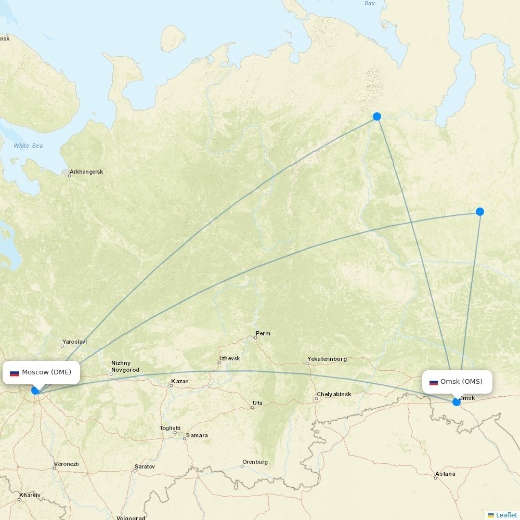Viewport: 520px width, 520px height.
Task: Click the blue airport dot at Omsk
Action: [x=457, y=401]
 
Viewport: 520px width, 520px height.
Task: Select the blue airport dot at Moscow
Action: [x=35, y=390]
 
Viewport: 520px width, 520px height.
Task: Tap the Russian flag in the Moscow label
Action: [x=15, y=373]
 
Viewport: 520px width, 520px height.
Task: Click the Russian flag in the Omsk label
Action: [x=433, y=382]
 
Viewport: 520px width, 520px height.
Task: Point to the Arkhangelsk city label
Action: [x=86, y=172]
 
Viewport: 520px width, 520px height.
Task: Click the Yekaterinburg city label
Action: [x=327, y=359]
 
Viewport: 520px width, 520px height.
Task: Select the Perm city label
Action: [x=263, y=333]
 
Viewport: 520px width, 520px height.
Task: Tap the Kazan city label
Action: [x=179, y=381]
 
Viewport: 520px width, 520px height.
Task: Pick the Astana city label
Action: [x=445, y=474]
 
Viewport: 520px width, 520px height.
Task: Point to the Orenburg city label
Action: [x=255, y=462]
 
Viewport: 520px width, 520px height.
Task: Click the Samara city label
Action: [x=197, y=435]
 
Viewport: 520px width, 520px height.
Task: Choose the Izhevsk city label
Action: [x=230, y=358]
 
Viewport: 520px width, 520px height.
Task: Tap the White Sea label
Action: [x=28, y=146]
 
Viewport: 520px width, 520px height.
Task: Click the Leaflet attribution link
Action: [x=506, y=515]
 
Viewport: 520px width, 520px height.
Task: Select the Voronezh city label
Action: [x=66, y=464]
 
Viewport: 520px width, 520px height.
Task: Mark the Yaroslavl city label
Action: [x=74, y=342]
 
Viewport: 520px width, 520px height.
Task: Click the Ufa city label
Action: [x=257, y=403]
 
